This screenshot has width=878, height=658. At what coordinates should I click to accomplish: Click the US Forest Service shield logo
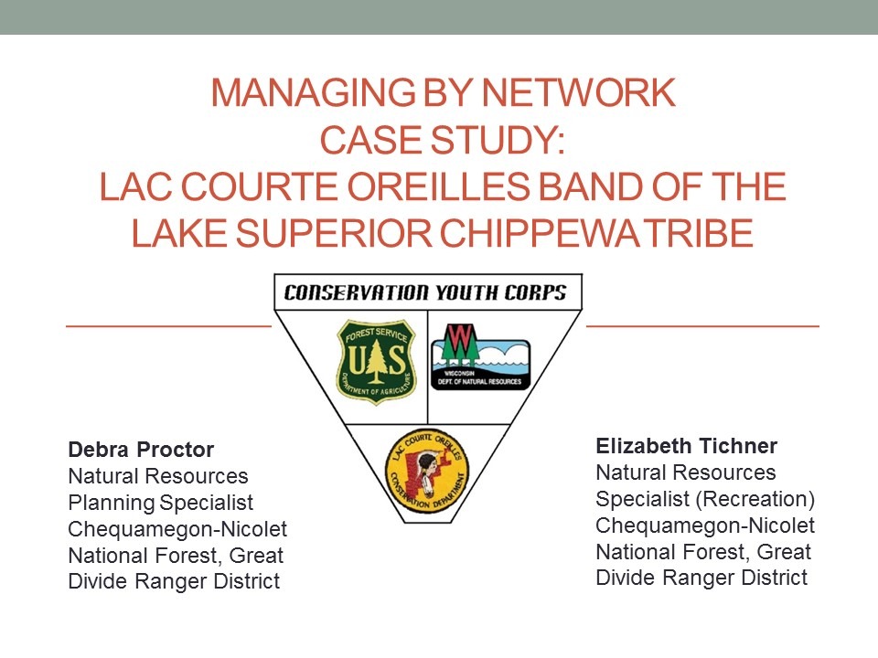375,362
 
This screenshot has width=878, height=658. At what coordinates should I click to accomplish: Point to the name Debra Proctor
141,450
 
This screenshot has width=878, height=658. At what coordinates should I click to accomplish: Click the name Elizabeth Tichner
686,446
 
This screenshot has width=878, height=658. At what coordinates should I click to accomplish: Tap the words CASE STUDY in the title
443,142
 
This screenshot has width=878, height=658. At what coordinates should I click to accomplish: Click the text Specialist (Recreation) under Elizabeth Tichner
704,499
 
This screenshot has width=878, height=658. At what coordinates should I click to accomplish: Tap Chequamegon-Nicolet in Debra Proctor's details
177,529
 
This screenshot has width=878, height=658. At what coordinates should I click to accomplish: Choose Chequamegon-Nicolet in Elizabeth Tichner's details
704,525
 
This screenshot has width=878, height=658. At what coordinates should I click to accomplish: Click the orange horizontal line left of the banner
168,324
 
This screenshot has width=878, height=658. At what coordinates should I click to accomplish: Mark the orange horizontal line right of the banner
701,324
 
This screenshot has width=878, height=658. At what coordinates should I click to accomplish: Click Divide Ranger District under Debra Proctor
174,581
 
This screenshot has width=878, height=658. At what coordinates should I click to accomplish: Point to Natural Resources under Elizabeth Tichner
685,472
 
